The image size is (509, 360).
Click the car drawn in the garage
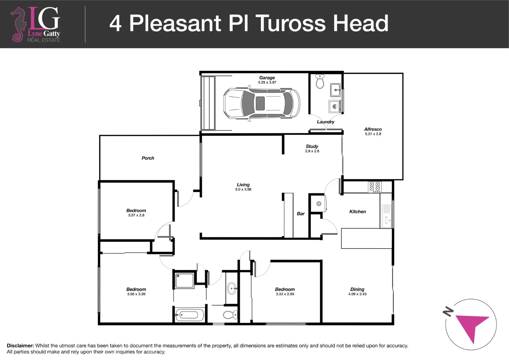pos(262,104)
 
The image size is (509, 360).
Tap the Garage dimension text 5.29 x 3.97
pos(267,83)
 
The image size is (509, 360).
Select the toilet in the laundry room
pos(320,81)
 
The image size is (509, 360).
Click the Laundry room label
pos(326,122)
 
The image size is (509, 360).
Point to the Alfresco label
pos(373,129)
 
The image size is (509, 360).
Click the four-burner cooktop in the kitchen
pos(375,187)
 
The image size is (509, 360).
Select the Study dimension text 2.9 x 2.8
pos(312,151)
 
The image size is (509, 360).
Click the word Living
pos(243,185)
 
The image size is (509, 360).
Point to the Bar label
pos(301,214)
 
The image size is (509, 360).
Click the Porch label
pos(148,158)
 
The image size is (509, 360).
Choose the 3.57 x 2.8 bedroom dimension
pos(136,215)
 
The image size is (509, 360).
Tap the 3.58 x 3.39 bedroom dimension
pos(136,294)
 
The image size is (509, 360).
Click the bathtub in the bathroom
pos(189,315)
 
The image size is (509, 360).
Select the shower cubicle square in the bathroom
pos(185,281)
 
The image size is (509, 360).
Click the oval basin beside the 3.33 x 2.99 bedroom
pos(232,289)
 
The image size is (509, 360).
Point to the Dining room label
pos(357,289)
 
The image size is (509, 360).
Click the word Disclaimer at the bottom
pos(20,346)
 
